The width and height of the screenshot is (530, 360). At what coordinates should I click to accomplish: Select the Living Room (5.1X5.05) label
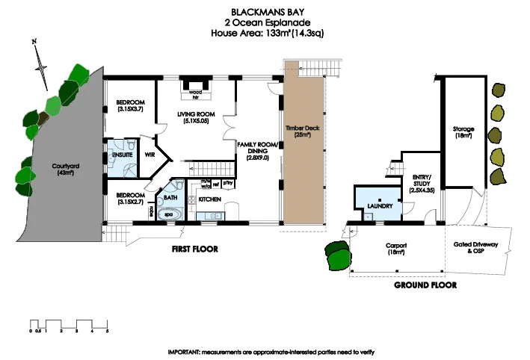(x=196, y=118)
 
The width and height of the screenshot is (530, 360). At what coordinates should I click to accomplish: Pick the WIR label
(x=149, y=157)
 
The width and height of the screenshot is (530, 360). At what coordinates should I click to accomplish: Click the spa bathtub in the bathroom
(x=168, y=213)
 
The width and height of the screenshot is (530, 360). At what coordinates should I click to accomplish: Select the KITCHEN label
(x=209, y=199)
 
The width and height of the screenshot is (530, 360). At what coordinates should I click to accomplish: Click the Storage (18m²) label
(x=463, y=132)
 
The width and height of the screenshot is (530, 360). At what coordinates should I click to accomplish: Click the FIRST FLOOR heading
(x=195, y=249)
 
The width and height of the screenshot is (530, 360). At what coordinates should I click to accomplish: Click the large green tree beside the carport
(x=337, y=256)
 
